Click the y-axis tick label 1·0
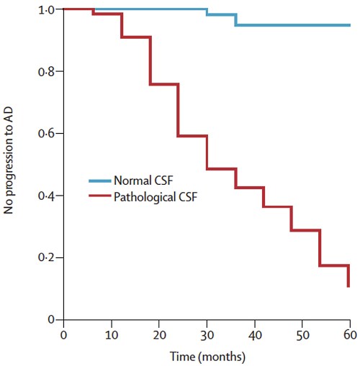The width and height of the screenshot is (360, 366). (46, 10)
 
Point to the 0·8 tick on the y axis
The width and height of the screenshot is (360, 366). (46, 72)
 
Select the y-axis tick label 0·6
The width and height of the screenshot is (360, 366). (46, 134)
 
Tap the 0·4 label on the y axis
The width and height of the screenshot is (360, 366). (46, 196)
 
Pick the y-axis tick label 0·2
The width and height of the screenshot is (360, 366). (46, 257)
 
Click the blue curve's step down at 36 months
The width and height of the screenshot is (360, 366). (235, 19)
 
